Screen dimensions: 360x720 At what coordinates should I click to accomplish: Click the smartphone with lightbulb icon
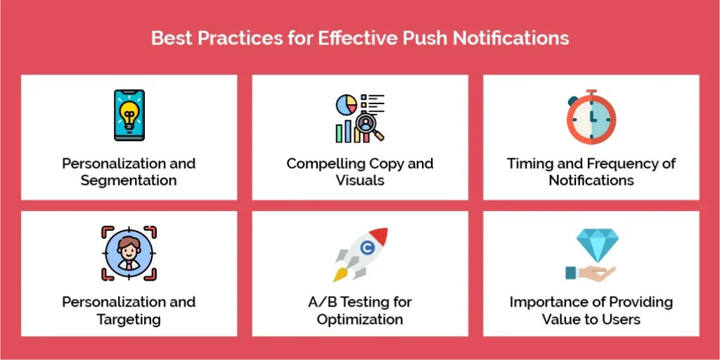129,115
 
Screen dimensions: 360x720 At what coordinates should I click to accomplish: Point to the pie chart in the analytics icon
346,105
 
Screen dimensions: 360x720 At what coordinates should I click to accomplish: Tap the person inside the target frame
129,254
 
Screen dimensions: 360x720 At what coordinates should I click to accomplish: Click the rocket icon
360,253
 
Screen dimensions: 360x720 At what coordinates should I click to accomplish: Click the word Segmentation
129,180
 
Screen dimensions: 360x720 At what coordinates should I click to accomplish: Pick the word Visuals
360,180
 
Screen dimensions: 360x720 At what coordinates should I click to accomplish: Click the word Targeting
129,319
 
